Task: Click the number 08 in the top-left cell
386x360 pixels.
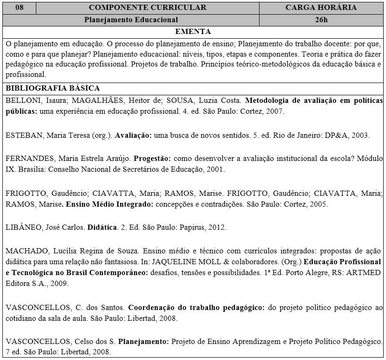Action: coord(19,8)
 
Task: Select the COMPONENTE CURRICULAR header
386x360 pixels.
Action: coord(147,8)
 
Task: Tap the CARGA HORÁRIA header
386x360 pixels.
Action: coord(321,8)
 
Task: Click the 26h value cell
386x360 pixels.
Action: coord(321,20)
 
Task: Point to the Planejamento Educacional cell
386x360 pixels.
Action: coord(131,20)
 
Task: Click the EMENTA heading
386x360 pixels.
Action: coord(193,32)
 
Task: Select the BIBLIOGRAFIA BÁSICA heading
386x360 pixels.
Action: coord(53,88)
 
